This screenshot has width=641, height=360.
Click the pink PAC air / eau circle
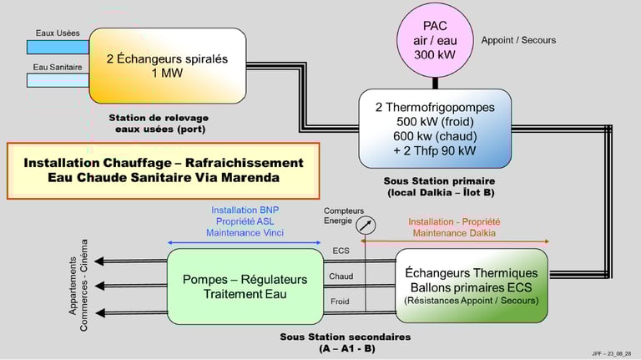435,40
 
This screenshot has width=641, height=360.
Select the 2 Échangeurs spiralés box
167,65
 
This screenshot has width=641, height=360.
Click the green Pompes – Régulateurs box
245,285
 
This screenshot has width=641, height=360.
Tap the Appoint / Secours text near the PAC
518,40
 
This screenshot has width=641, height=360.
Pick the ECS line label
341,251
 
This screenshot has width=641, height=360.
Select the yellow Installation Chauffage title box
164,171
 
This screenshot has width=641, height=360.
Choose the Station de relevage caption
159,123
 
